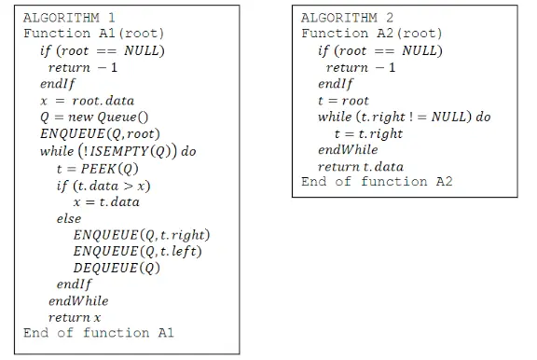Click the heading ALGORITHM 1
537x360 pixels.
click(x=69, y=18)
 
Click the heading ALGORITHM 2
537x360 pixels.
click(x=348, y=18)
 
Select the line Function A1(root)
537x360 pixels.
click(x=93, y=34)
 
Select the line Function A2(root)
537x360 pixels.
click(x=372, y=34)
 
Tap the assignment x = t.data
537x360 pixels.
click(x=105, y=201)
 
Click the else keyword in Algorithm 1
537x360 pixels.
click(x=69, y=218)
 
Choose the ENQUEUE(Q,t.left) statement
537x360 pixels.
click(x=137, y=251)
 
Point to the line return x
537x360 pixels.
click(x=75, y=318)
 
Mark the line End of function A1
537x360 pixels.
click(x=99, y=333)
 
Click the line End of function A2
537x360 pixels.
click(x=377, y=182)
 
